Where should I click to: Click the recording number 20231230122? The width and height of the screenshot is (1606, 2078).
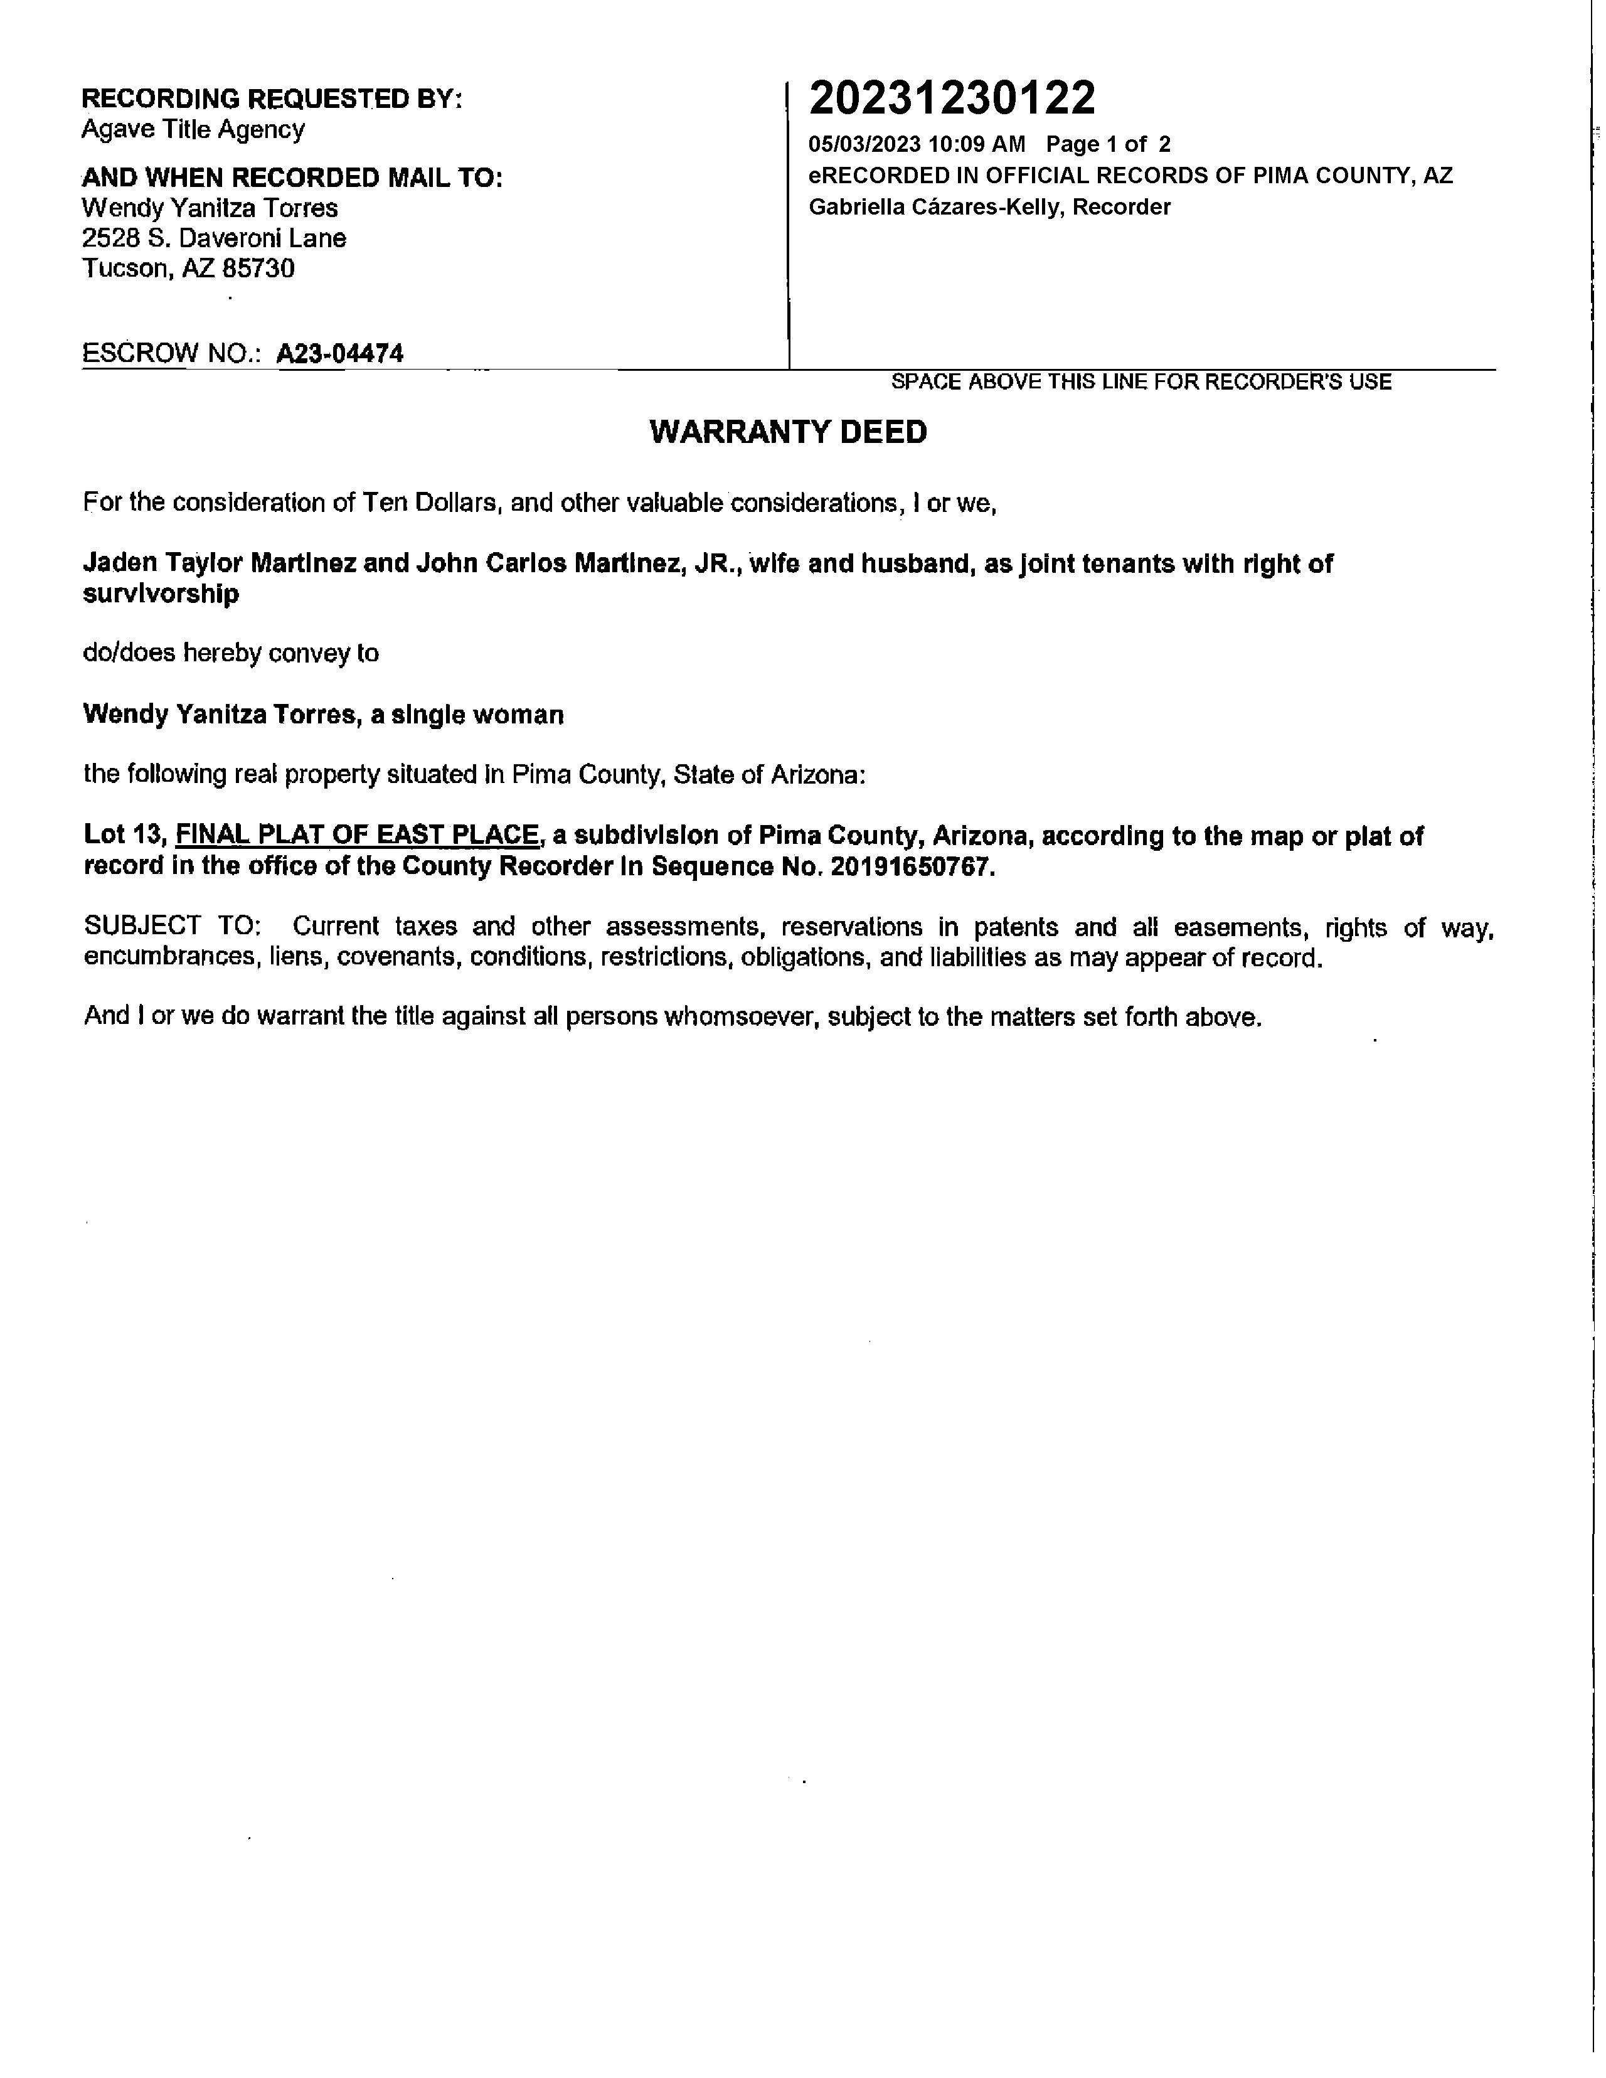[x=952, y=98]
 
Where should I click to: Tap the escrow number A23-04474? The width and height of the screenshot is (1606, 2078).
[x=339, y=354]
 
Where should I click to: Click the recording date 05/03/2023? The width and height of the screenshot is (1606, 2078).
[x=864, y=145]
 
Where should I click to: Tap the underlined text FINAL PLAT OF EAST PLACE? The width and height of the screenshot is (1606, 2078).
[x=358, y=834]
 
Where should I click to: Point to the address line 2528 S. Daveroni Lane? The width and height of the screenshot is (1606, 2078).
[x=214, y=238]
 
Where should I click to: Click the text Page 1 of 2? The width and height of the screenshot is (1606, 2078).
[x=1107, y=145]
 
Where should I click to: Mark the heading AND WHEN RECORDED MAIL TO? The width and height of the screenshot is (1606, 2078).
[x=292, y=178]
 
